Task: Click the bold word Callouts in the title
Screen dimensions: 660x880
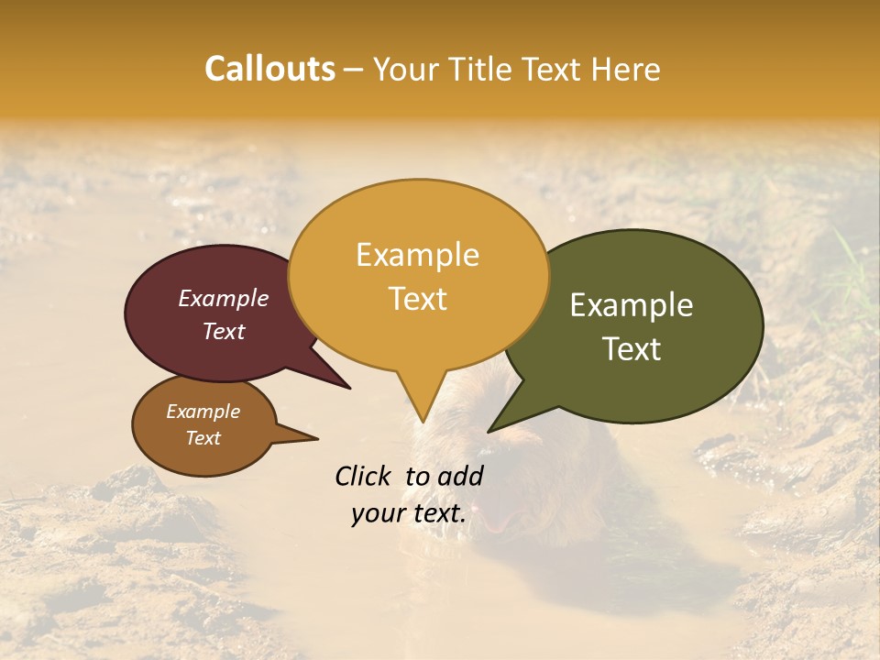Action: [269, 69]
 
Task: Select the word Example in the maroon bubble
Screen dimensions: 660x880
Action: [224, 298]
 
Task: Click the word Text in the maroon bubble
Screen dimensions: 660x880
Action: [224, 331]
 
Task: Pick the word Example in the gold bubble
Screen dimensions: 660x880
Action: [417, 254]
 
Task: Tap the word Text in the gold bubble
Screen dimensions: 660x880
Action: [417, 298]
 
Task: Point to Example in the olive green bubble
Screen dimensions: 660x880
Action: [632, 304]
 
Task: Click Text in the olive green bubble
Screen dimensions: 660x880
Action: [632, 348]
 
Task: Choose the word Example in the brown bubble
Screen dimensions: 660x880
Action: [203, 412]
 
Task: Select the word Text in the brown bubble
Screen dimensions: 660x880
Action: [203, 438]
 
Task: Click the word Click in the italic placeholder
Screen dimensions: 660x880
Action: [365, 476]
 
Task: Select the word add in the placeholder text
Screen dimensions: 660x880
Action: [462, 476]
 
